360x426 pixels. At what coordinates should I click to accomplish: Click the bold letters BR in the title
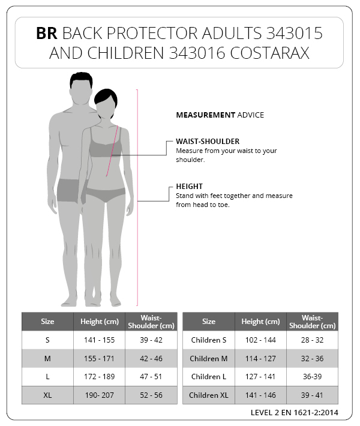[x=47, y=34]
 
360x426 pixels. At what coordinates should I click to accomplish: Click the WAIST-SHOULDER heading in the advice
[x=208, y=142]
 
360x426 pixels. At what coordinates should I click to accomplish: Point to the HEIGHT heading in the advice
[x=189, y=187]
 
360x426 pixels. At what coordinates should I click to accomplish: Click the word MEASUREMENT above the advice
[x=205, y=115]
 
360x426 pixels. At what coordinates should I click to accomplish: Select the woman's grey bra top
[x=106, y=146]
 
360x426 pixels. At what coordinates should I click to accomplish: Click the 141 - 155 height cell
[x=99, y=340]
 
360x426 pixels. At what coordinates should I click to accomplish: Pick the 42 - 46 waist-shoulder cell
[x=151, y=358]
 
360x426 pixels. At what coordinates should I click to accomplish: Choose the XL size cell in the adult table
[x=47, y=395]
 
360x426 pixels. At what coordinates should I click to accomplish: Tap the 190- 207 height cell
[x=99, y=395]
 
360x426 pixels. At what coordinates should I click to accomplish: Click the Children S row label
[x=208, y=340]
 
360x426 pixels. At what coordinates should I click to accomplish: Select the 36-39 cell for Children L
[x=312, y=377]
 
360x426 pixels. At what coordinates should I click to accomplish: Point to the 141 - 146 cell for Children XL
[x=260, y=395]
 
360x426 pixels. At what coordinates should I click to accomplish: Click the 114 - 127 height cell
[x=260, y=358]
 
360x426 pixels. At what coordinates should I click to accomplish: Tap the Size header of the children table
[x=208, y=322]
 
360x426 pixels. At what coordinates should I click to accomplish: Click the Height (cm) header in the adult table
[x=99, y=322]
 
